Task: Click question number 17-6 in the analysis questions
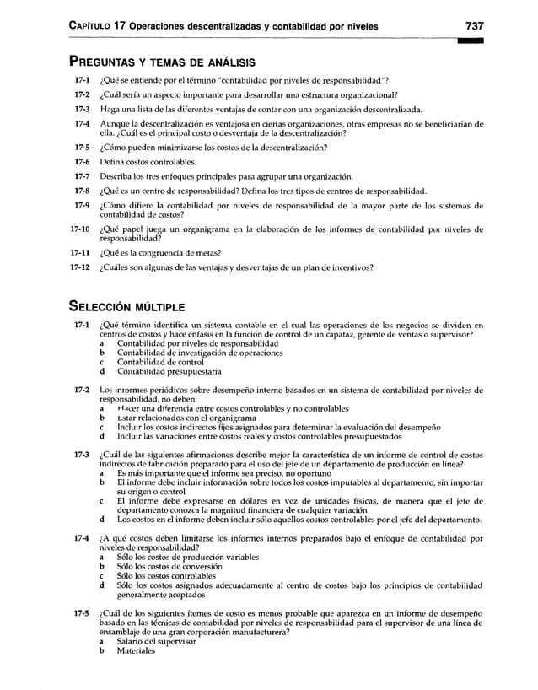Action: (x=81, y=161)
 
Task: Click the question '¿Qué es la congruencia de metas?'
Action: (x=160, y=252)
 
